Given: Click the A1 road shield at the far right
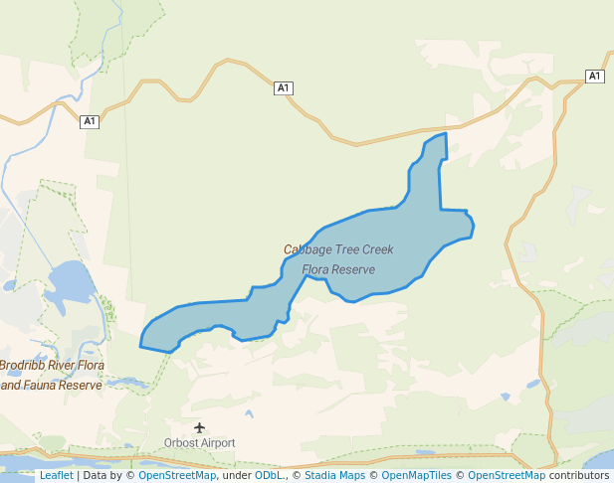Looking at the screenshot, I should (594, 77).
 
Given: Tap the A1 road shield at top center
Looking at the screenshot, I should (284, 88).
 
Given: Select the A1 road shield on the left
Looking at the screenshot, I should (90, 121).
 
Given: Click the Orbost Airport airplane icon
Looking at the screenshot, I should (200, 427).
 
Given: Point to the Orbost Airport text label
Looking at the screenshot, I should (200, 443).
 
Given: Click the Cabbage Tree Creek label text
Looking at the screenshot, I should (338, 249).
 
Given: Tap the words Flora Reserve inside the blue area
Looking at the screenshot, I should (338, 269).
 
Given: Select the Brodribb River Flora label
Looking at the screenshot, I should (52, 366).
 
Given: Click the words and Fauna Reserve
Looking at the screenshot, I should (52, 385).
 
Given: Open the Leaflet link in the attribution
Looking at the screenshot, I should (56, 475).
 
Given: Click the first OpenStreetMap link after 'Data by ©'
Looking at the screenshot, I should (177, 475).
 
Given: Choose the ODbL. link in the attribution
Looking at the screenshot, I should (270, 475).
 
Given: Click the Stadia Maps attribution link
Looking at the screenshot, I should (334, 475).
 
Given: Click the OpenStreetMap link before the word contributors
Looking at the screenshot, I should (507, 475).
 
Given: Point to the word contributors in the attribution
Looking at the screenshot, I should (578, 475).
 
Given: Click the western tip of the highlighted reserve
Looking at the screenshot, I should (140, 347).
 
